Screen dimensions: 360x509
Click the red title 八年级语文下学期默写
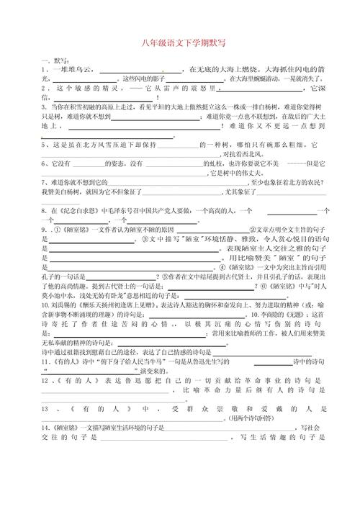[179, 46]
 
